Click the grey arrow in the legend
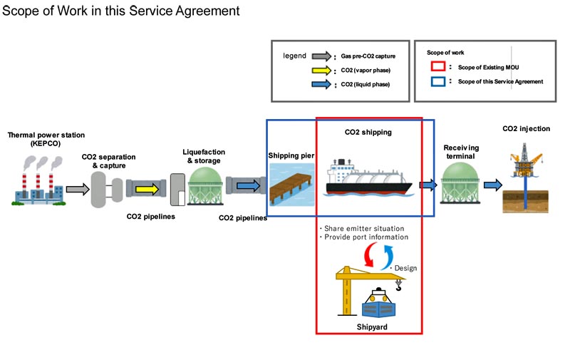pyautogui.click(x=322, y=56)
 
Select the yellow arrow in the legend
pyautogui.click(x=322, y=70)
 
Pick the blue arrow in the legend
pyautogui.click(x=322, y=84)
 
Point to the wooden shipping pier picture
pyautogui.click(x=291, y=183)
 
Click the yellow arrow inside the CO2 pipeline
pyautogui.click(x=148, y=189)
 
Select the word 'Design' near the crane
pyautogui.click(x=405, y=268)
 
